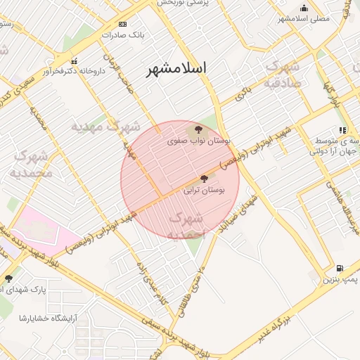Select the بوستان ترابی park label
pos(204,190)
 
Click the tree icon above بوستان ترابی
pos(205,179)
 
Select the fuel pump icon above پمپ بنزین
pos(340,268)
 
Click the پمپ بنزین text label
pos(340,280)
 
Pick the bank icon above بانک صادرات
pos(123,23)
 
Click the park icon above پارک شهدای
pos(8,279)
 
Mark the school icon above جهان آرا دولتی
pos(342,130)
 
